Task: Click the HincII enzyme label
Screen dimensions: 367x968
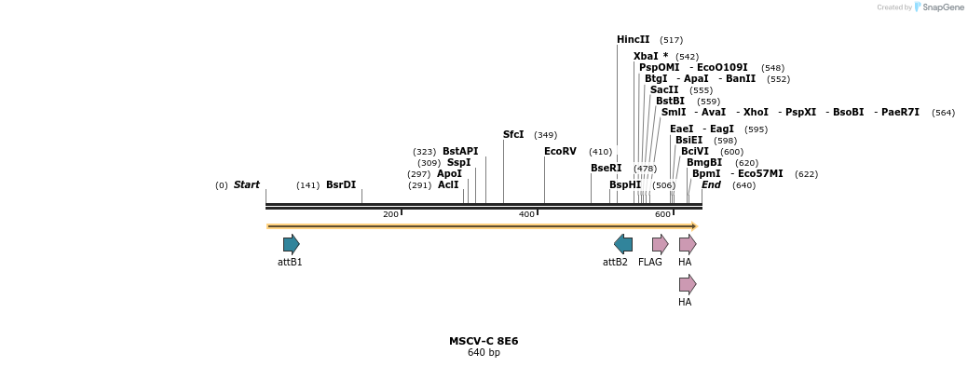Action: [x=633, y=40]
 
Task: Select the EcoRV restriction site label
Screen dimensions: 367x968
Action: [x=560, y=152]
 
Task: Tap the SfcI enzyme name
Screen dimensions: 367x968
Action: [x=513, y=135]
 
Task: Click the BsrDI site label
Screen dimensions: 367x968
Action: [x=341, y=185]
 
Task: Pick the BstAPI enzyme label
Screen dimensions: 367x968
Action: [x=460, y=152]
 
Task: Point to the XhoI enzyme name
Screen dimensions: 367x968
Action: [x=756, y=113]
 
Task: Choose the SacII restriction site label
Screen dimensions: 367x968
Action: [x=664, y=90]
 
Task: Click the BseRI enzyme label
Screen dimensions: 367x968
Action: [x=606, y=169]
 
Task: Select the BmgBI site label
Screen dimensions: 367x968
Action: [x=703, y=163]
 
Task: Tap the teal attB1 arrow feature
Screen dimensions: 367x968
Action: [x=292, y=245]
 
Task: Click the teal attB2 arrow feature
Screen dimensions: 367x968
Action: [x=623, y=245]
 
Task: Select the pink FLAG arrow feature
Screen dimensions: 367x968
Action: [x=660, y=245]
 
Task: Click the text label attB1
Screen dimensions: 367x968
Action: [x=290, y=263]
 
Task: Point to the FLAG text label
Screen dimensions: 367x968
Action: [x=650, y=263]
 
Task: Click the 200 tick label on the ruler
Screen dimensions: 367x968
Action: [x=390, y=215]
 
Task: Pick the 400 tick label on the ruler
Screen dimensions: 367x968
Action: [x=526, y=215]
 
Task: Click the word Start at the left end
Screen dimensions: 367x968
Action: [x=247, y=185]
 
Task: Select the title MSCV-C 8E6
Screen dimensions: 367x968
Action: [x=484, y=341]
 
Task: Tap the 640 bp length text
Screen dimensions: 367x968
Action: [x=484, y=353]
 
